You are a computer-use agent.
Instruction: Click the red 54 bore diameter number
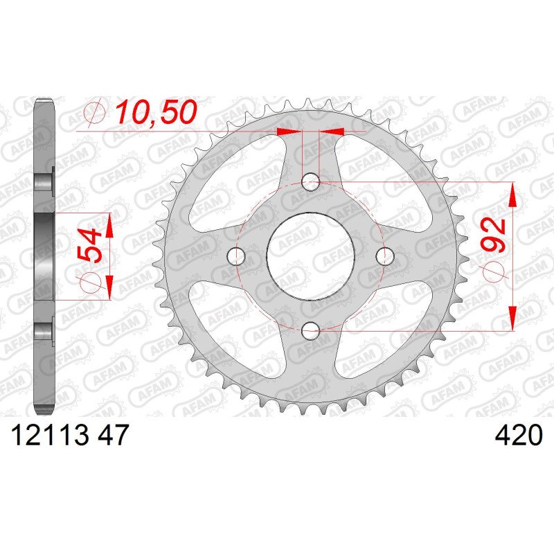[x=89, y=245]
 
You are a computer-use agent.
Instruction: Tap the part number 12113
[x=50, y=435]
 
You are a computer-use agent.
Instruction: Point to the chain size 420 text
[x=518, y=435]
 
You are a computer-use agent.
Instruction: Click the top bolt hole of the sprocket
[x=310, y=182]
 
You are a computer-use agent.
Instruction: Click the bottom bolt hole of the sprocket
[x=310, y=331]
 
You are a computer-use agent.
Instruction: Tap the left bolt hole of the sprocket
[x=236, y=256]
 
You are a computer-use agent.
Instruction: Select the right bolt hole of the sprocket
[x=385, y=256]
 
